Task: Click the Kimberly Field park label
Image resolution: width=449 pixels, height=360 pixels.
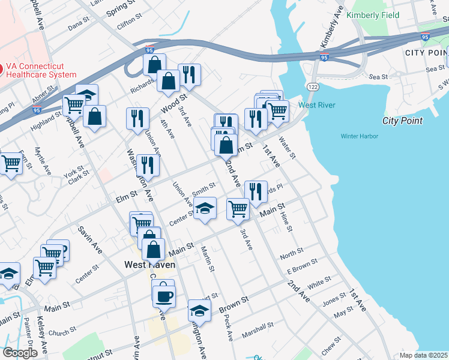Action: pos(370,14)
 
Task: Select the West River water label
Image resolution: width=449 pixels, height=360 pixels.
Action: pos(316,105)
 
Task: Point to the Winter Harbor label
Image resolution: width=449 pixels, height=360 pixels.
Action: pos(359,136)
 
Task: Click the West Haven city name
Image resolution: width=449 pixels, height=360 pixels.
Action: pos(149,264)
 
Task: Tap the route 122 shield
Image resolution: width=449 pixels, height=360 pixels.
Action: pos(313,87)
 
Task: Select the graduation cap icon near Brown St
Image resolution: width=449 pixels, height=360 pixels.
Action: pos(199,310)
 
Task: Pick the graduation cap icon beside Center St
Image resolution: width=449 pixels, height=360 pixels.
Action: pos(205,208)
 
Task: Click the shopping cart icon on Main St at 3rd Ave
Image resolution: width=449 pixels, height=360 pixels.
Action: pos(238,208)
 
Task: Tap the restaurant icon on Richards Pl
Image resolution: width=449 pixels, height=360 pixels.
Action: pos(256,191)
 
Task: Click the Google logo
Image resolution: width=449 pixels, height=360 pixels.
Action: pos(20,353)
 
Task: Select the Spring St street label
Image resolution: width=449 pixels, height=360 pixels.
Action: pos(121,9)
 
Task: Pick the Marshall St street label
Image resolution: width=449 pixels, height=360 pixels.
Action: pos(258,328)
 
